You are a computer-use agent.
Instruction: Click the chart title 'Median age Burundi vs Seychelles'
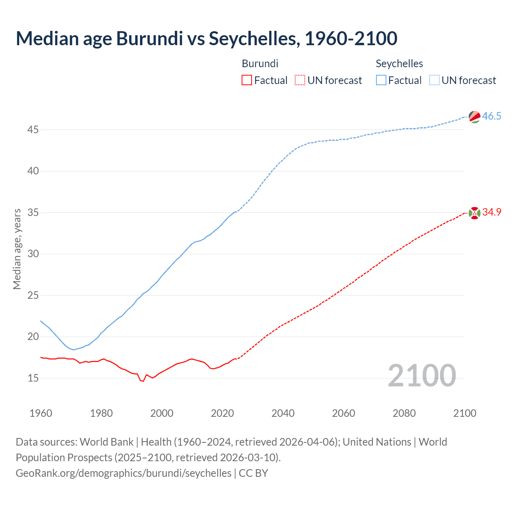[x=206, y=39]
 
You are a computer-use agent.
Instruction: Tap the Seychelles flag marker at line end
[x=474, y=116]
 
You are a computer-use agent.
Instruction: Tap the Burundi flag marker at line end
[x=474, y=213]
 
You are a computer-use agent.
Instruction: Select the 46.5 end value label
[x=492, y=116]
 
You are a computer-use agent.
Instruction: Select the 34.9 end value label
[x=492, y=212]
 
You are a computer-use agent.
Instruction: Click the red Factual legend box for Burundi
[x=247, y=80]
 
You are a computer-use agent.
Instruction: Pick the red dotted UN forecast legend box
[x=300, y=80]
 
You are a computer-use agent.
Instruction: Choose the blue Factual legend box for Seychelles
[x=381, y=80]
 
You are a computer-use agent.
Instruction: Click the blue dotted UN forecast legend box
[x=434, y=80]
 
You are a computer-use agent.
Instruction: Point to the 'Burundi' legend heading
[x=260, y=64]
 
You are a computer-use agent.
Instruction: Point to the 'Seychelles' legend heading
[x=399, y=64]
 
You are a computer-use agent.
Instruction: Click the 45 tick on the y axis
[x=33, y=130]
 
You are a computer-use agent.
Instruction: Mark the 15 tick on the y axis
[x=33, y=378]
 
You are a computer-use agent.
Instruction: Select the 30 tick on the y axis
[x=33, y=254]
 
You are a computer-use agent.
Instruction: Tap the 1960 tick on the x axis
[x=41, y=413]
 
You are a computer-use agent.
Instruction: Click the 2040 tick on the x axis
[x=283, y=413]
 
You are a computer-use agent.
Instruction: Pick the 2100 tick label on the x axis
[x=464, y=413]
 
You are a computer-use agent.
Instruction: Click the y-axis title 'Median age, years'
[x=17, y=249]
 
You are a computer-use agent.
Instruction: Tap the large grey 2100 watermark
[x=422, y=376]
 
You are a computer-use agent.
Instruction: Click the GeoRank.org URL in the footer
[x=123, y=473]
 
